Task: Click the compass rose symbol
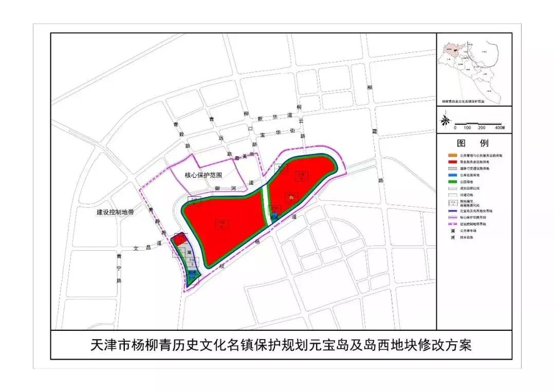click(446, 120)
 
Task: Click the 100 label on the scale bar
click(468, 127)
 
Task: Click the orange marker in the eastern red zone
click(291, 196)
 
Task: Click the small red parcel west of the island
click(180, 239)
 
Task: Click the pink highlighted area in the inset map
click(454, 51)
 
